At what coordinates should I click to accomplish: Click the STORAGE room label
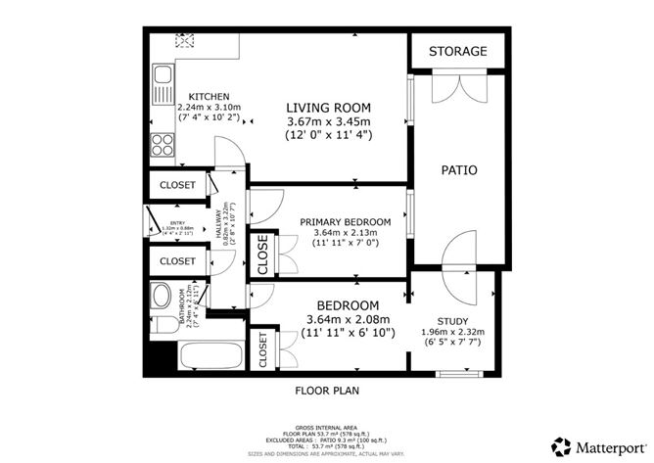[x=458, y=51]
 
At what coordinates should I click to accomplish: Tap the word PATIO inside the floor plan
[x=458, y=170]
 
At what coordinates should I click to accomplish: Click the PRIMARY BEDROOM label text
[x=345, y=222]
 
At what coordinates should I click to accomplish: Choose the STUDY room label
[x=452, y=320]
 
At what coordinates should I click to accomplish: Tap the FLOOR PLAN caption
[x=327, y=390]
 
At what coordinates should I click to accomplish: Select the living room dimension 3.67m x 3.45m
[x=327, y=121]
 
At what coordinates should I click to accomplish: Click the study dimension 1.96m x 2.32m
[x=452, y=332]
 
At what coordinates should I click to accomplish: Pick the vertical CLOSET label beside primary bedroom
[x=262, y=255]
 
